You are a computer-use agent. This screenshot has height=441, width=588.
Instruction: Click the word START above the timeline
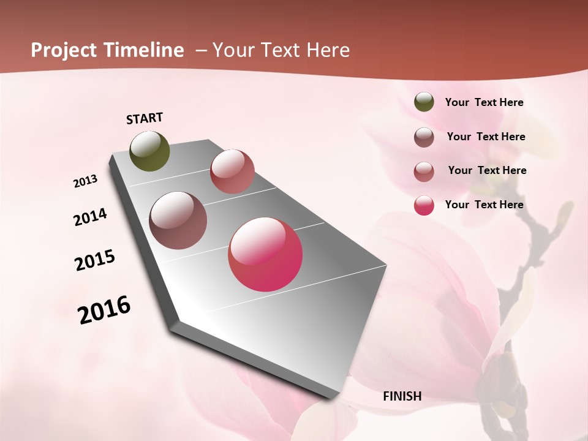tap(145, 118)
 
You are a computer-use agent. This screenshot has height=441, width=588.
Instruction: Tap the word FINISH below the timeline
tap(402, 396)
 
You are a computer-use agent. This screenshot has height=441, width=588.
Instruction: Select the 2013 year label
tap(86, 181)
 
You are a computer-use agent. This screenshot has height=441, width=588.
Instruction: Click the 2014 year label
tap(90, 217)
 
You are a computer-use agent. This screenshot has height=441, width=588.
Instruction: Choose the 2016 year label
tap(104, 310)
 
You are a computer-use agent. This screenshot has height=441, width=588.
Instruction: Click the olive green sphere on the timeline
tap(149, 151)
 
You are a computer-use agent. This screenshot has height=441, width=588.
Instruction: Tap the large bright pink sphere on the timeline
tap(265, 254)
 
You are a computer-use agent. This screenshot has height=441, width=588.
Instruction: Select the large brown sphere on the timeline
tap(178, 221)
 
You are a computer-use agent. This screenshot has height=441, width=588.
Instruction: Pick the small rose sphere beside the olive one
tap(232, 171)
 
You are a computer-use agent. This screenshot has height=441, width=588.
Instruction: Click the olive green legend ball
tap(424, 102)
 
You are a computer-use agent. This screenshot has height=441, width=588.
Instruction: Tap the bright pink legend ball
tap(424, 205)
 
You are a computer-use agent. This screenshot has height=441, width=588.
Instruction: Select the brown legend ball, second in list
tap(424, 137)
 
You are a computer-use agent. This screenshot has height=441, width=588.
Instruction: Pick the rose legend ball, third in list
tap(424, 171)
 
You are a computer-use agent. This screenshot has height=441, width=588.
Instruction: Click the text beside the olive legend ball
tap(484, 103)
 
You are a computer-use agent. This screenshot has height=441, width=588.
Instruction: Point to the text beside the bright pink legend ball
tap(484, 205)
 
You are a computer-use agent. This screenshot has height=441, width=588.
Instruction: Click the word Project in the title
tap(63, 51)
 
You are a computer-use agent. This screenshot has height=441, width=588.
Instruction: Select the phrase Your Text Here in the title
tap(281, 50)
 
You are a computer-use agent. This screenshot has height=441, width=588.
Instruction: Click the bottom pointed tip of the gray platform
tap(331, 398)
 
